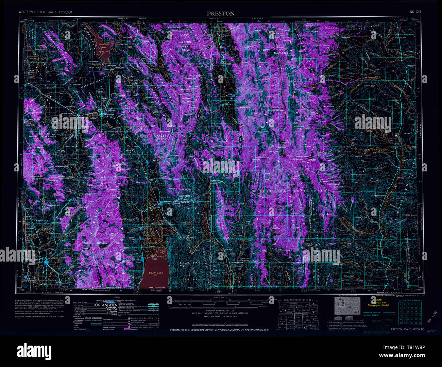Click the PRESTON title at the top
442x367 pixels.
[x=221, y=14]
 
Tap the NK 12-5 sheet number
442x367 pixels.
[x=416, y=12]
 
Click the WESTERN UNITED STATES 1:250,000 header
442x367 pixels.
[x=46, y=12]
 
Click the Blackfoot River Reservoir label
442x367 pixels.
[x=105, y=48]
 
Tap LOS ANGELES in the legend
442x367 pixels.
[x=105, y=305]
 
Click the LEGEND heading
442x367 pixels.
[x=114, y=297]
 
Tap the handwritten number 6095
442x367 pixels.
[x=431, y=331]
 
